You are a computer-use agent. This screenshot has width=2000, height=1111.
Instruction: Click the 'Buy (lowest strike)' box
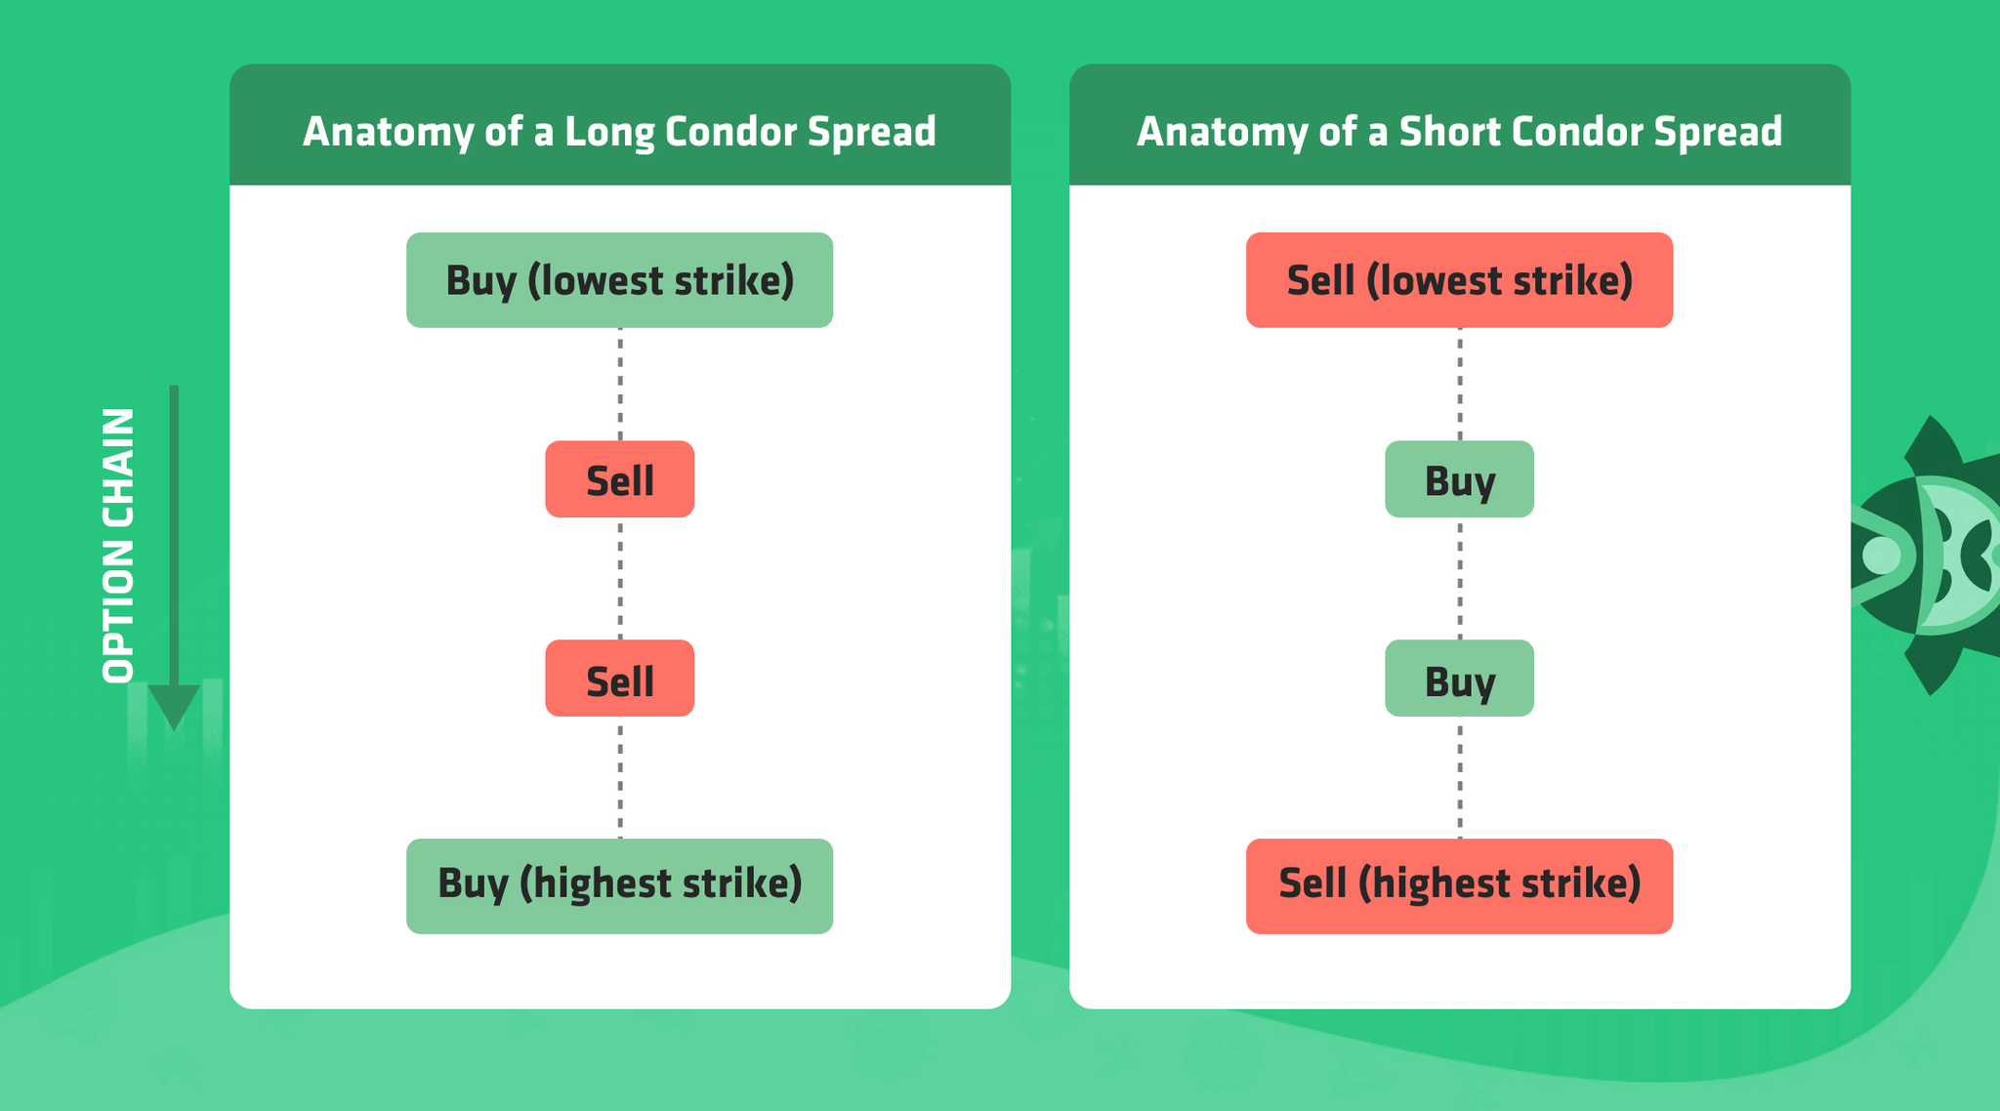(619, 280)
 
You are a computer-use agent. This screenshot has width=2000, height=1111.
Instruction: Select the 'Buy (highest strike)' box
(619, 885)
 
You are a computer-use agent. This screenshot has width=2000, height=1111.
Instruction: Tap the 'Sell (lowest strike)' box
(1459, 280)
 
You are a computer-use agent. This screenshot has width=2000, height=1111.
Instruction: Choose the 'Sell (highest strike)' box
(1459, 885)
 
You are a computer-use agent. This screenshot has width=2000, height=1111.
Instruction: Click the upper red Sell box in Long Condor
(619, 479)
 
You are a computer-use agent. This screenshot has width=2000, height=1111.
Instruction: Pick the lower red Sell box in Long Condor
(619, 679)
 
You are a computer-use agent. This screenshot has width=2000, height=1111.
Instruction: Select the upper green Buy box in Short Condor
(1459, 479)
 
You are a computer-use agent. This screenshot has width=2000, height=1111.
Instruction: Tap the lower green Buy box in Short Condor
(1459, 679)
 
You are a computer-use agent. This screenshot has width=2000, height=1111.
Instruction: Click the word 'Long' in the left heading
(608, 133)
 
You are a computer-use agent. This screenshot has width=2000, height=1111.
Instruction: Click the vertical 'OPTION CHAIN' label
(118, 546)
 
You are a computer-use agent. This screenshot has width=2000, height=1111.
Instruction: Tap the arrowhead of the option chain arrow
(174, 705)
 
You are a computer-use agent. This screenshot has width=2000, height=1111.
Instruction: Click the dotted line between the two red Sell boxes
(620, 578)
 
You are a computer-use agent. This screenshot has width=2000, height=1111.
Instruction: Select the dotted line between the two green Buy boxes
(1460, 578)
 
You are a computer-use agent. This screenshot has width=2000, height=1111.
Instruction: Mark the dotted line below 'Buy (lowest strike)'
(620, 384)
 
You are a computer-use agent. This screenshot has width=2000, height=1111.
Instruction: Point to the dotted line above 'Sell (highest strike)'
(1460, 777)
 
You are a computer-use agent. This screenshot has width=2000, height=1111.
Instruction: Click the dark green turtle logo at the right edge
(1929, 555)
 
